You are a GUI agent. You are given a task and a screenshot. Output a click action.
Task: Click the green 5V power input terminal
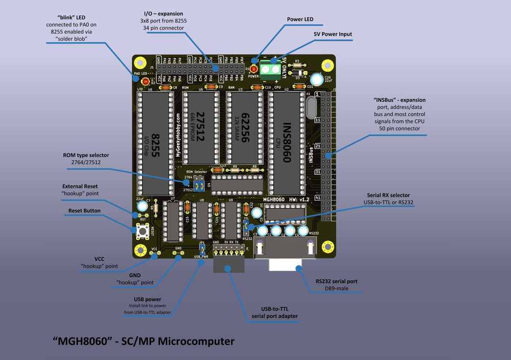pyautogui.click(x=270, y=69)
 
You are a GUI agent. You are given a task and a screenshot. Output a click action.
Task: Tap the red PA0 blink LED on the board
pyautogui.click(x=145, y=81)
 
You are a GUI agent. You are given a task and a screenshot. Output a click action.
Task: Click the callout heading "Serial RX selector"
pyautogui.click(x=388, y=195)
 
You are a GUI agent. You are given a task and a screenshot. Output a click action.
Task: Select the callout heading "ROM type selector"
pyautogui.click(x=86, y=155)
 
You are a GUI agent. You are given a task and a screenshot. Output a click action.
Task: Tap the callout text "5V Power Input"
pyautogui.click(x=333, y=34)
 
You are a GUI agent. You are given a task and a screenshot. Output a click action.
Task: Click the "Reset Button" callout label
pyautogui.click(x=84, y=211)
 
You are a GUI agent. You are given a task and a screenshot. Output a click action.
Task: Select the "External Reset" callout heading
pyautogui.click(x=80, y=186)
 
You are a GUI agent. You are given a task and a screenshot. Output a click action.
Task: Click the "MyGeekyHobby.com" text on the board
pyautogui.click(x=178, y=135)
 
